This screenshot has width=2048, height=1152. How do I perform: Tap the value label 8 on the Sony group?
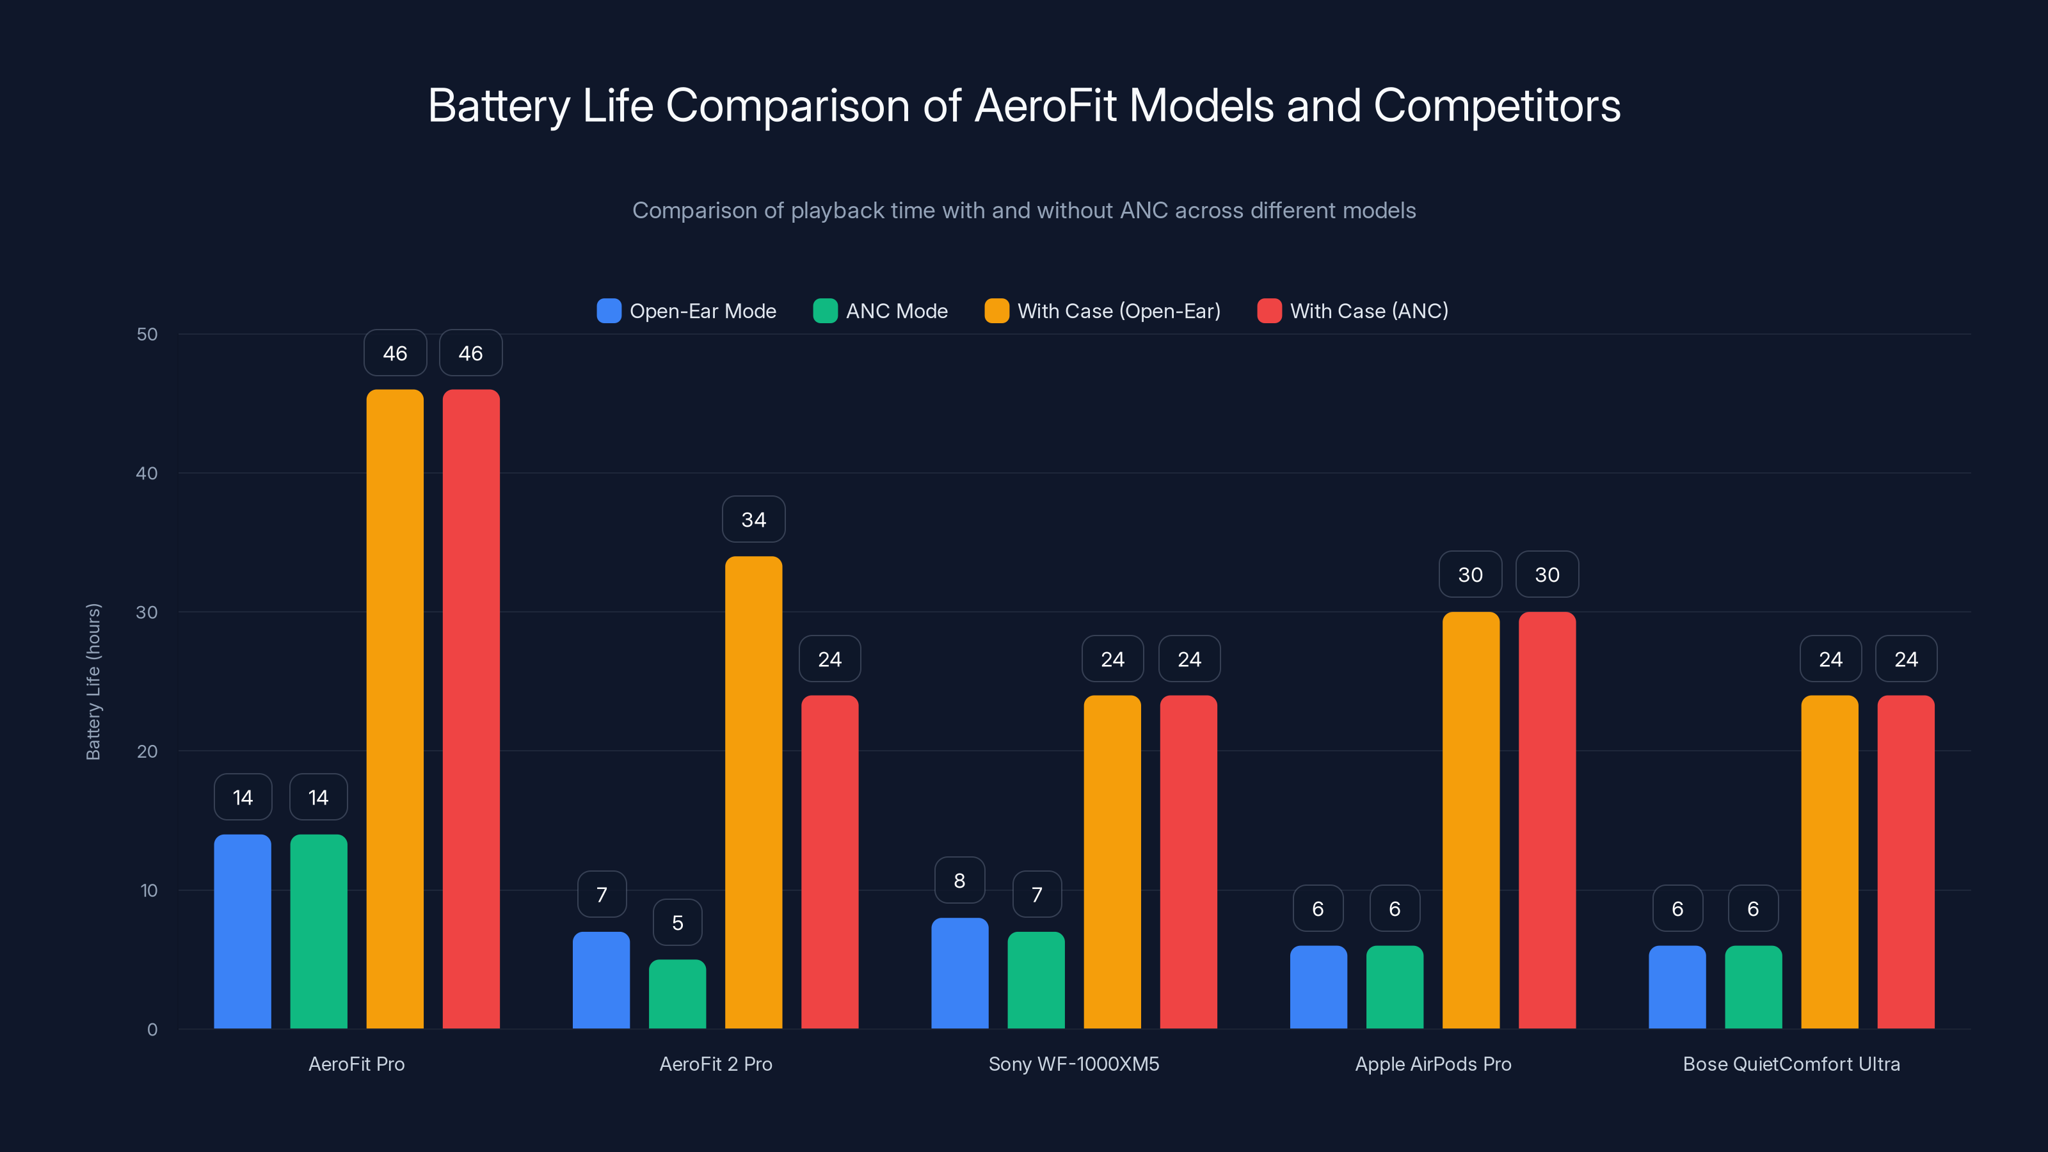tap(959, 881)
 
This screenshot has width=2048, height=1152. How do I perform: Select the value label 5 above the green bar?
tap(677, 923)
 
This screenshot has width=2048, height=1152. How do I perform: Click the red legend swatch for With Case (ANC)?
tap(1269, 311)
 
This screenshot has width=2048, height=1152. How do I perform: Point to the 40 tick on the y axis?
tap(147, 474)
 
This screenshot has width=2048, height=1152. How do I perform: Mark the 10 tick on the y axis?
tap(148, 890)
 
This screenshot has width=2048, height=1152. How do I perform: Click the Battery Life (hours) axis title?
tap(93, 682)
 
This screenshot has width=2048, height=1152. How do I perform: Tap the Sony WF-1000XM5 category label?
tap(1073, 1064)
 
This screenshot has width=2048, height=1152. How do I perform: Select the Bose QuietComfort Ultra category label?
tap(1791, 1064)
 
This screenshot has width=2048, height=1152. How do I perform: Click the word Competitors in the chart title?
tap(1496, 106)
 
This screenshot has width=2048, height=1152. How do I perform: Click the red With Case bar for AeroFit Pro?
tap(470, 708)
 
